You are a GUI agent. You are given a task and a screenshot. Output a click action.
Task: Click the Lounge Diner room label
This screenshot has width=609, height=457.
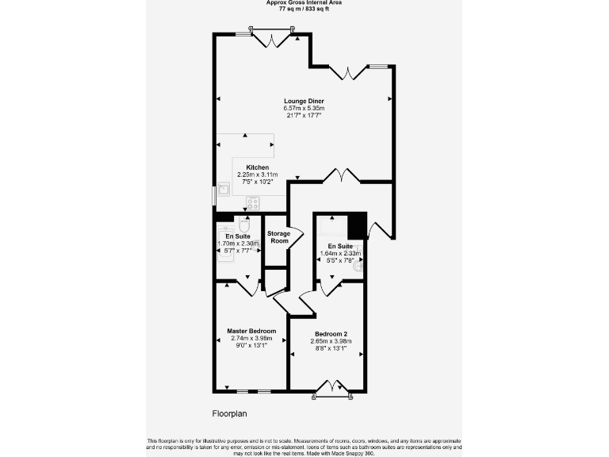pos(304,101)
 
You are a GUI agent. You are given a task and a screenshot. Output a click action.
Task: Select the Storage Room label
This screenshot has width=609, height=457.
pos(278,236)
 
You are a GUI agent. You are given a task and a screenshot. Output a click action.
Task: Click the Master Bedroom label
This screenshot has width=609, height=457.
pos(251,330)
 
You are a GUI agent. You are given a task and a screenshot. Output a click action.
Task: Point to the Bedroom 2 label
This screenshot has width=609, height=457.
pos(331,333)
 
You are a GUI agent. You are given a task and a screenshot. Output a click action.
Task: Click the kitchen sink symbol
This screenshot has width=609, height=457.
pos(224,189)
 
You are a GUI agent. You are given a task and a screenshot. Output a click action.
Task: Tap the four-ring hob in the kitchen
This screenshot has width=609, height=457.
pos(252,202)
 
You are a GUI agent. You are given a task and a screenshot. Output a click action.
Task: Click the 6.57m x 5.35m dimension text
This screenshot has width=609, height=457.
pos(304,109)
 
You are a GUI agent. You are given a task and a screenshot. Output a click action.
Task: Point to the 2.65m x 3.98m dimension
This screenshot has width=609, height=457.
pos(331,340)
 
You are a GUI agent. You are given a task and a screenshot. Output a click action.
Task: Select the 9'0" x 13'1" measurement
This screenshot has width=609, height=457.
pos(249,345)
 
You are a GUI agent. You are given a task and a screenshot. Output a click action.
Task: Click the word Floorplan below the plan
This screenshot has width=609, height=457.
pos(231,413)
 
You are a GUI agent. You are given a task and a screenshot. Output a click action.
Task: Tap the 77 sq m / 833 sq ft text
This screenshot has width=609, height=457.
pos(304,9)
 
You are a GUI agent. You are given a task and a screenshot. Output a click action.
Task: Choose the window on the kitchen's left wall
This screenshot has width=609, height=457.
pos(213,195)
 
